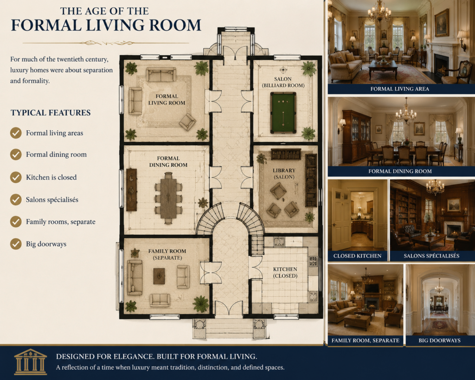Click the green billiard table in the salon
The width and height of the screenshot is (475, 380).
click(283, 113)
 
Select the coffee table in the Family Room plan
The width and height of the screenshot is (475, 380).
click(159, 276)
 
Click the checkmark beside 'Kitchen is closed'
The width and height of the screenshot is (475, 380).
click(16, 177)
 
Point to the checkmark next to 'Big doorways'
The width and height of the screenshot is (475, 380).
click(16, 244)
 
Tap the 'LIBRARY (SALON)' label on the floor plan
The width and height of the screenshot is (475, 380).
click(284, 174)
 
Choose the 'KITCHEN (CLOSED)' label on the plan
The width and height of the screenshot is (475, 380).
click(285, 272)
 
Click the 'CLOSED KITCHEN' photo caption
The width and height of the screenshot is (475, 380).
click(358, 256)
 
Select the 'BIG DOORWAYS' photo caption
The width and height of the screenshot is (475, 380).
click(440, 340)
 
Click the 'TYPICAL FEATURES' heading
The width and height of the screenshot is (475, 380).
click(51, 113)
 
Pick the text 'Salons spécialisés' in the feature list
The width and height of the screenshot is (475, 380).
click(52, 200)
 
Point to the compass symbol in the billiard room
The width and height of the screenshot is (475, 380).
click(283, 70)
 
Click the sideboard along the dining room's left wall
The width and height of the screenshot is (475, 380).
click(131, 190)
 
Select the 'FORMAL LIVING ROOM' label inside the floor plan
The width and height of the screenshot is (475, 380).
click(167, 99)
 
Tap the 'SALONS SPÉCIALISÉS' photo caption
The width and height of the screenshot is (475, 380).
click(431, 256)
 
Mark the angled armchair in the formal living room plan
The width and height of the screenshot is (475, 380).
click(187, 122)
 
